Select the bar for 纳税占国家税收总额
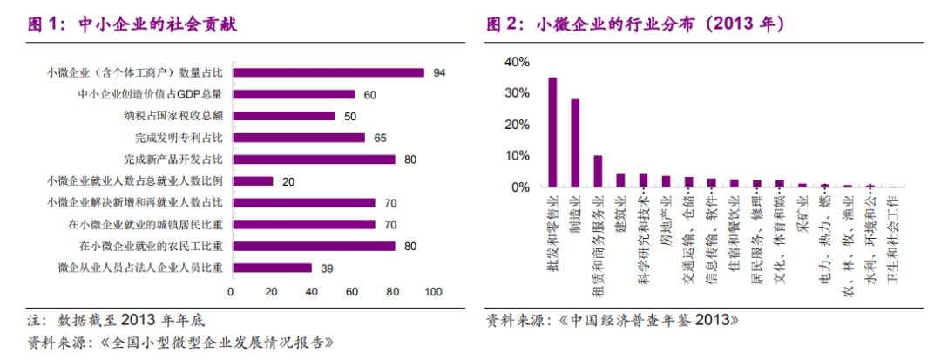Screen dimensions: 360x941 (x=282, y=116)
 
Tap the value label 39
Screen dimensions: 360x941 (x=328, y=268)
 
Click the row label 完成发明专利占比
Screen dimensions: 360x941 (x=173, y=138)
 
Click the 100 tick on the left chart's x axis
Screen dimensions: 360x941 (x=433, y=292)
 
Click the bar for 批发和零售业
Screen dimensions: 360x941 (x=552, y=132)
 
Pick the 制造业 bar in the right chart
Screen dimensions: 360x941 (x=575, y=143)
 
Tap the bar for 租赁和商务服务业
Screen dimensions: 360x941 (x=598, y=171)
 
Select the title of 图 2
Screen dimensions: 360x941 (x=636, y=24)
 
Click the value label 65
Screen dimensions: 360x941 (x=381, y=138)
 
